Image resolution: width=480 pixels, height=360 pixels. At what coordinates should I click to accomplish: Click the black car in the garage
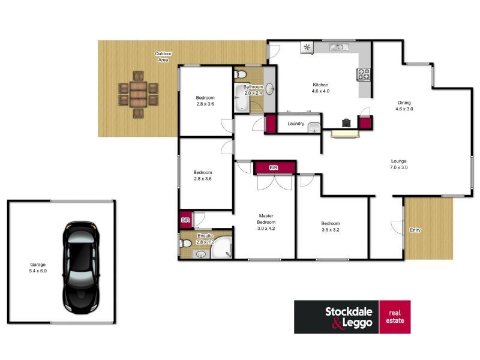click(x=81, y=268)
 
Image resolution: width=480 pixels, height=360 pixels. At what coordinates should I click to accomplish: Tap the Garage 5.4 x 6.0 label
click(x=38, y=268)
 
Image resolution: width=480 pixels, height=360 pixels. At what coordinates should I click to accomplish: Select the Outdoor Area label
click(x=163, y=56)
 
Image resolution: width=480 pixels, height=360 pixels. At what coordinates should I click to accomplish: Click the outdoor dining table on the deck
click(x=139, y=94)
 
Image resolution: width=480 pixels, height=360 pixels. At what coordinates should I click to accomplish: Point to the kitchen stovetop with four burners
click(x=364, y=74)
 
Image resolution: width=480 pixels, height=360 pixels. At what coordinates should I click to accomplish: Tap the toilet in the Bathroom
click(x=241, y=74)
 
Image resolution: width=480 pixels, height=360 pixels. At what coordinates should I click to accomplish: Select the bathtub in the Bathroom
click(x=242, y=98)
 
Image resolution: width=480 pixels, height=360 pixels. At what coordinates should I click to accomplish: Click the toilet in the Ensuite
click(x=185, y=244)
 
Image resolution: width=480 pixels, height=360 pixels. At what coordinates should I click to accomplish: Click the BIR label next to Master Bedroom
click(x=274, y=167)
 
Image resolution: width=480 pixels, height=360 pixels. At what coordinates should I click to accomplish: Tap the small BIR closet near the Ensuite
click(x=185, y=220)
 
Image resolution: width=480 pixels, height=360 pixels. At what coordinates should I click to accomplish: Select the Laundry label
click(x=296, y=124)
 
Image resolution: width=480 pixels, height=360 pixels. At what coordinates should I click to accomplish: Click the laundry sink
click(x=314, y=128)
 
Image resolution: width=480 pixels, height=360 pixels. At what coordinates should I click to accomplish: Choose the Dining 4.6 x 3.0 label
click(x=404, y=106)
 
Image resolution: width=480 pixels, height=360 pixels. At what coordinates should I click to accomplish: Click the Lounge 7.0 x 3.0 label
click(x=398, y=164)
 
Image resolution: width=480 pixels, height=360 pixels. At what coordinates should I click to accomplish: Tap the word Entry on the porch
click(x=415, y=230)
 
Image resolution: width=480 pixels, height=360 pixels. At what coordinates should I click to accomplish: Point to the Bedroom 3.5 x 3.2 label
click(x=331, y=227)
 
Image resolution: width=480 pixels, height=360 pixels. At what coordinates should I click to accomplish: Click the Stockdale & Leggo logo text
click(x=349, y=317)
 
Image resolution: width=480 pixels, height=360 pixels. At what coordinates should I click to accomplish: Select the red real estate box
click(x=395, y=317)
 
